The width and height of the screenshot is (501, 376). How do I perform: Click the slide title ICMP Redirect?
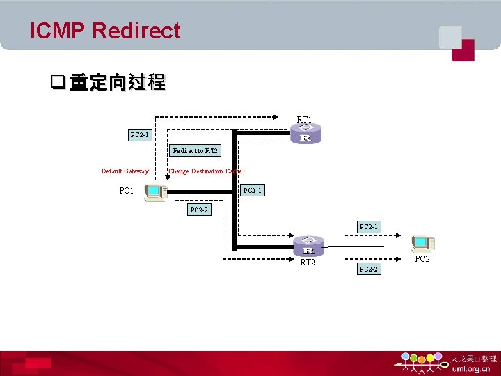point(105,31)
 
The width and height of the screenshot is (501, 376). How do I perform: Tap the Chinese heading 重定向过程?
point(118,83)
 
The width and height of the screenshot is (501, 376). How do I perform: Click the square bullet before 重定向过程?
point(58,84)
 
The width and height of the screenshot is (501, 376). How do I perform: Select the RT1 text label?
point(304,120)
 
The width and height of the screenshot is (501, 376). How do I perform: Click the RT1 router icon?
point(305,134)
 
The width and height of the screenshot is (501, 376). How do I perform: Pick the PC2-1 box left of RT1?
point(140,134)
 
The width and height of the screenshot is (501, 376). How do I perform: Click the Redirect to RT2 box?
point(195,150)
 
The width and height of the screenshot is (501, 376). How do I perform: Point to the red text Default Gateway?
point(126,171)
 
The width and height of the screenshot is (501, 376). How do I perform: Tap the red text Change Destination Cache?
point(207,171)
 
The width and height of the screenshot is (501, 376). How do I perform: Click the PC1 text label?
point(127,191)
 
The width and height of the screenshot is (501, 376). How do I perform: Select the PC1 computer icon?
point(155,192)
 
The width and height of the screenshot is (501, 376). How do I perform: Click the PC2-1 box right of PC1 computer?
point(253,191)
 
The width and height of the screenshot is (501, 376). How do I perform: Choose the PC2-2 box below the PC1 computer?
point(199,209)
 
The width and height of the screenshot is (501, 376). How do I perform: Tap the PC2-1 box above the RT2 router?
point(368,226)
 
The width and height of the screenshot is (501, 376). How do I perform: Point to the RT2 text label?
point(308,263)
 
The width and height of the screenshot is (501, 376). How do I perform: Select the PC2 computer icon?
point(422,244)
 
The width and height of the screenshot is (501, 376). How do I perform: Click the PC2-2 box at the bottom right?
point(368,269)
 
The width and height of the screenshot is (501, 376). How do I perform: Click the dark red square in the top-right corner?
point(463,50)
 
